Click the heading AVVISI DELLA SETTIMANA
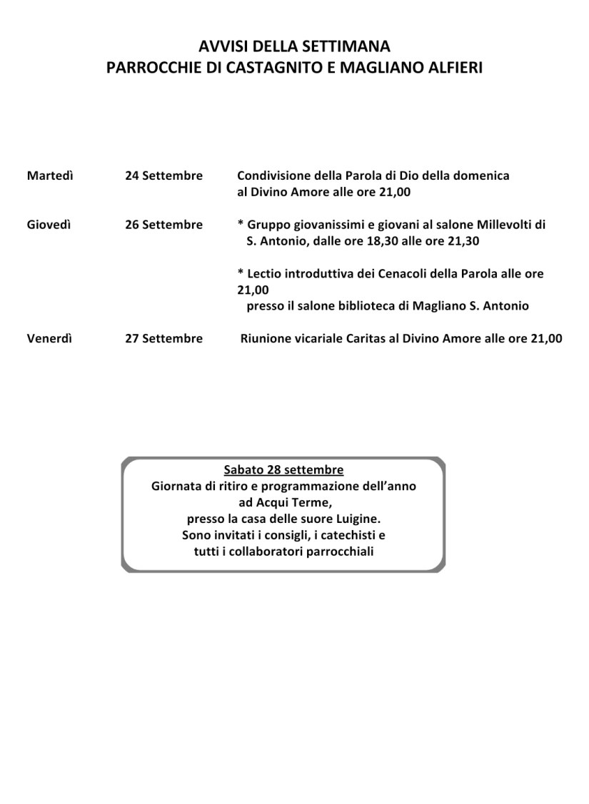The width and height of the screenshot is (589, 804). tap(294, 47)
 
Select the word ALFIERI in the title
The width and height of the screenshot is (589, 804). tap(454, 68)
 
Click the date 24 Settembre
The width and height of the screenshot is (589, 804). tap(163, 175)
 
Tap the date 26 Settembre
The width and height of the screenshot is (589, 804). tap(163, 225)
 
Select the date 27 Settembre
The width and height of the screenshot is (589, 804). tap(163, 339)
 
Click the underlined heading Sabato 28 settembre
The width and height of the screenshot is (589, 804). tap(283, 470)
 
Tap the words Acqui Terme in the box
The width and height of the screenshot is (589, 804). tap(285, 502)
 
